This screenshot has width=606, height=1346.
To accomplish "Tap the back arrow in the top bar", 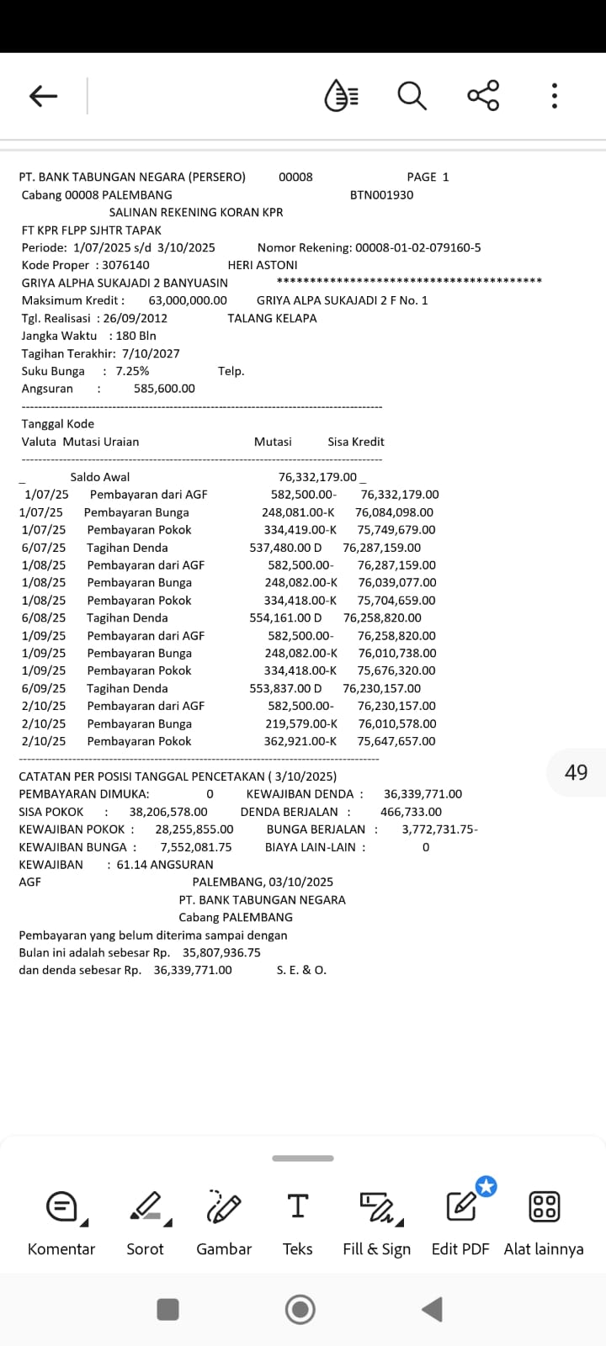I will coord(43,96).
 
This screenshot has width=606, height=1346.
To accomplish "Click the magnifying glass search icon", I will coord(412,96).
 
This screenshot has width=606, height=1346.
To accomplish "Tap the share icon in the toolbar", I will coord(483,96).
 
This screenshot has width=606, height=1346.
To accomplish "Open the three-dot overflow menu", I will coord(554,96).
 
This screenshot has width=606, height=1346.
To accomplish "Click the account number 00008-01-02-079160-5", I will coord(417,247).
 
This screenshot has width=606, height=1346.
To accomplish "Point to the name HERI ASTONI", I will coord(263,265).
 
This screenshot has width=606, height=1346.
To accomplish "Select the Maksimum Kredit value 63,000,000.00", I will coord(188,300).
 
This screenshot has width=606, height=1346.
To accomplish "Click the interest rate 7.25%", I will coord(132,371).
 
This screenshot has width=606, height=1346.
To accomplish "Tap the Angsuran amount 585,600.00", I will coord(164,389).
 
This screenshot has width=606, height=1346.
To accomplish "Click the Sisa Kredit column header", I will coord(356,442).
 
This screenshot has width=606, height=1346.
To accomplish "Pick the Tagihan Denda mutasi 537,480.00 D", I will coord(285,548).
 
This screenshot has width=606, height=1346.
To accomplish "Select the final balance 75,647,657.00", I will coord(396,741).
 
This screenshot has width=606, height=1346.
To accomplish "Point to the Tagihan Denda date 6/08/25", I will coord(44,617).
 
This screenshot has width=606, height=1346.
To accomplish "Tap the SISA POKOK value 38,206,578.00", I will coord(168,812).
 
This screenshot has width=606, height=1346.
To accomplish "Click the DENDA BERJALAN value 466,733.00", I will coord(411,812).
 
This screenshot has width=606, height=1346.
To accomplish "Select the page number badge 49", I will coord(577,772).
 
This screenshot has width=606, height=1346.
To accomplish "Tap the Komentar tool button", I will coord(61,1221).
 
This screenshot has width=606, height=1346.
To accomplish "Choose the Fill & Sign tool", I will coord(376,1221).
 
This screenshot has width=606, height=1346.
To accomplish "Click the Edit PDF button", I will coord(460,1221).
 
